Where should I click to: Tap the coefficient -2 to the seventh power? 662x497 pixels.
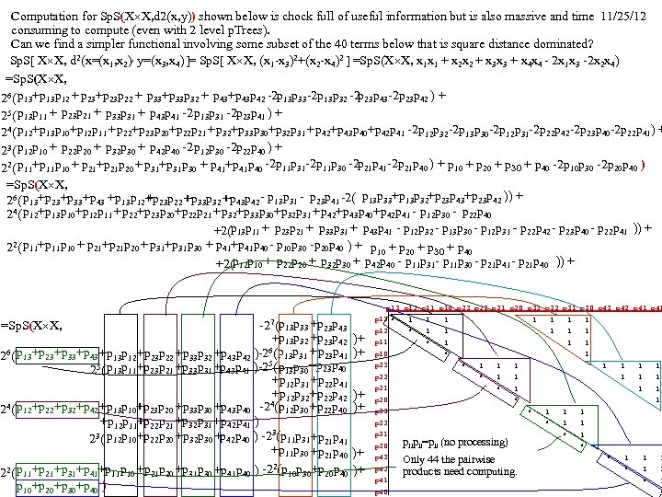point(270,323)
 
